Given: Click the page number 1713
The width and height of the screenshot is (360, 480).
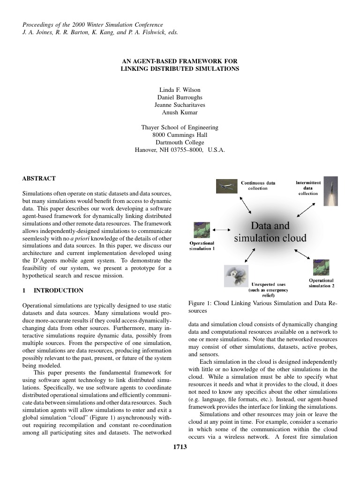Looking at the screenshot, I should (180, 447).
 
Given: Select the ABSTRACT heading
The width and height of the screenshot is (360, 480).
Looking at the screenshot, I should (39, 179).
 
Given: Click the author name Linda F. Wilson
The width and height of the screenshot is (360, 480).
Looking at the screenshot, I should (180, 90).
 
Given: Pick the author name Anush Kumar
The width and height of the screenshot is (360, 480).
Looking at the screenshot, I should (180, 112).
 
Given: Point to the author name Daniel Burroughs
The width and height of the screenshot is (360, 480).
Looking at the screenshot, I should (180, 97).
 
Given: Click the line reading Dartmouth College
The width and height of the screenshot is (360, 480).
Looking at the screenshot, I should (180, 142).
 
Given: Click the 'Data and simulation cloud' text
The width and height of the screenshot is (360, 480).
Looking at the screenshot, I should (270, 232).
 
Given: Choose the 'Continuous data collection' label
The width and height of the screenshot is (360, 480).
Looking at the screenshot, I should (258, 186).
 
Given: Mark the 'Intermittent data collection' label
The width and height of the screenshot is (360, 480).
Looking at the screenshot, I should (308, 187).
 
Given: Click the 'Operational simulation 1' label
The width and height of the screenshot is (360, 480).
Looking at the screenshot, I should (202, 246).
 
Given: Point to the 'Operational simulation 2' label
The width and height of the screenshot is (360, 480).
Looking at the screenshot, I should (321, 283).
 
